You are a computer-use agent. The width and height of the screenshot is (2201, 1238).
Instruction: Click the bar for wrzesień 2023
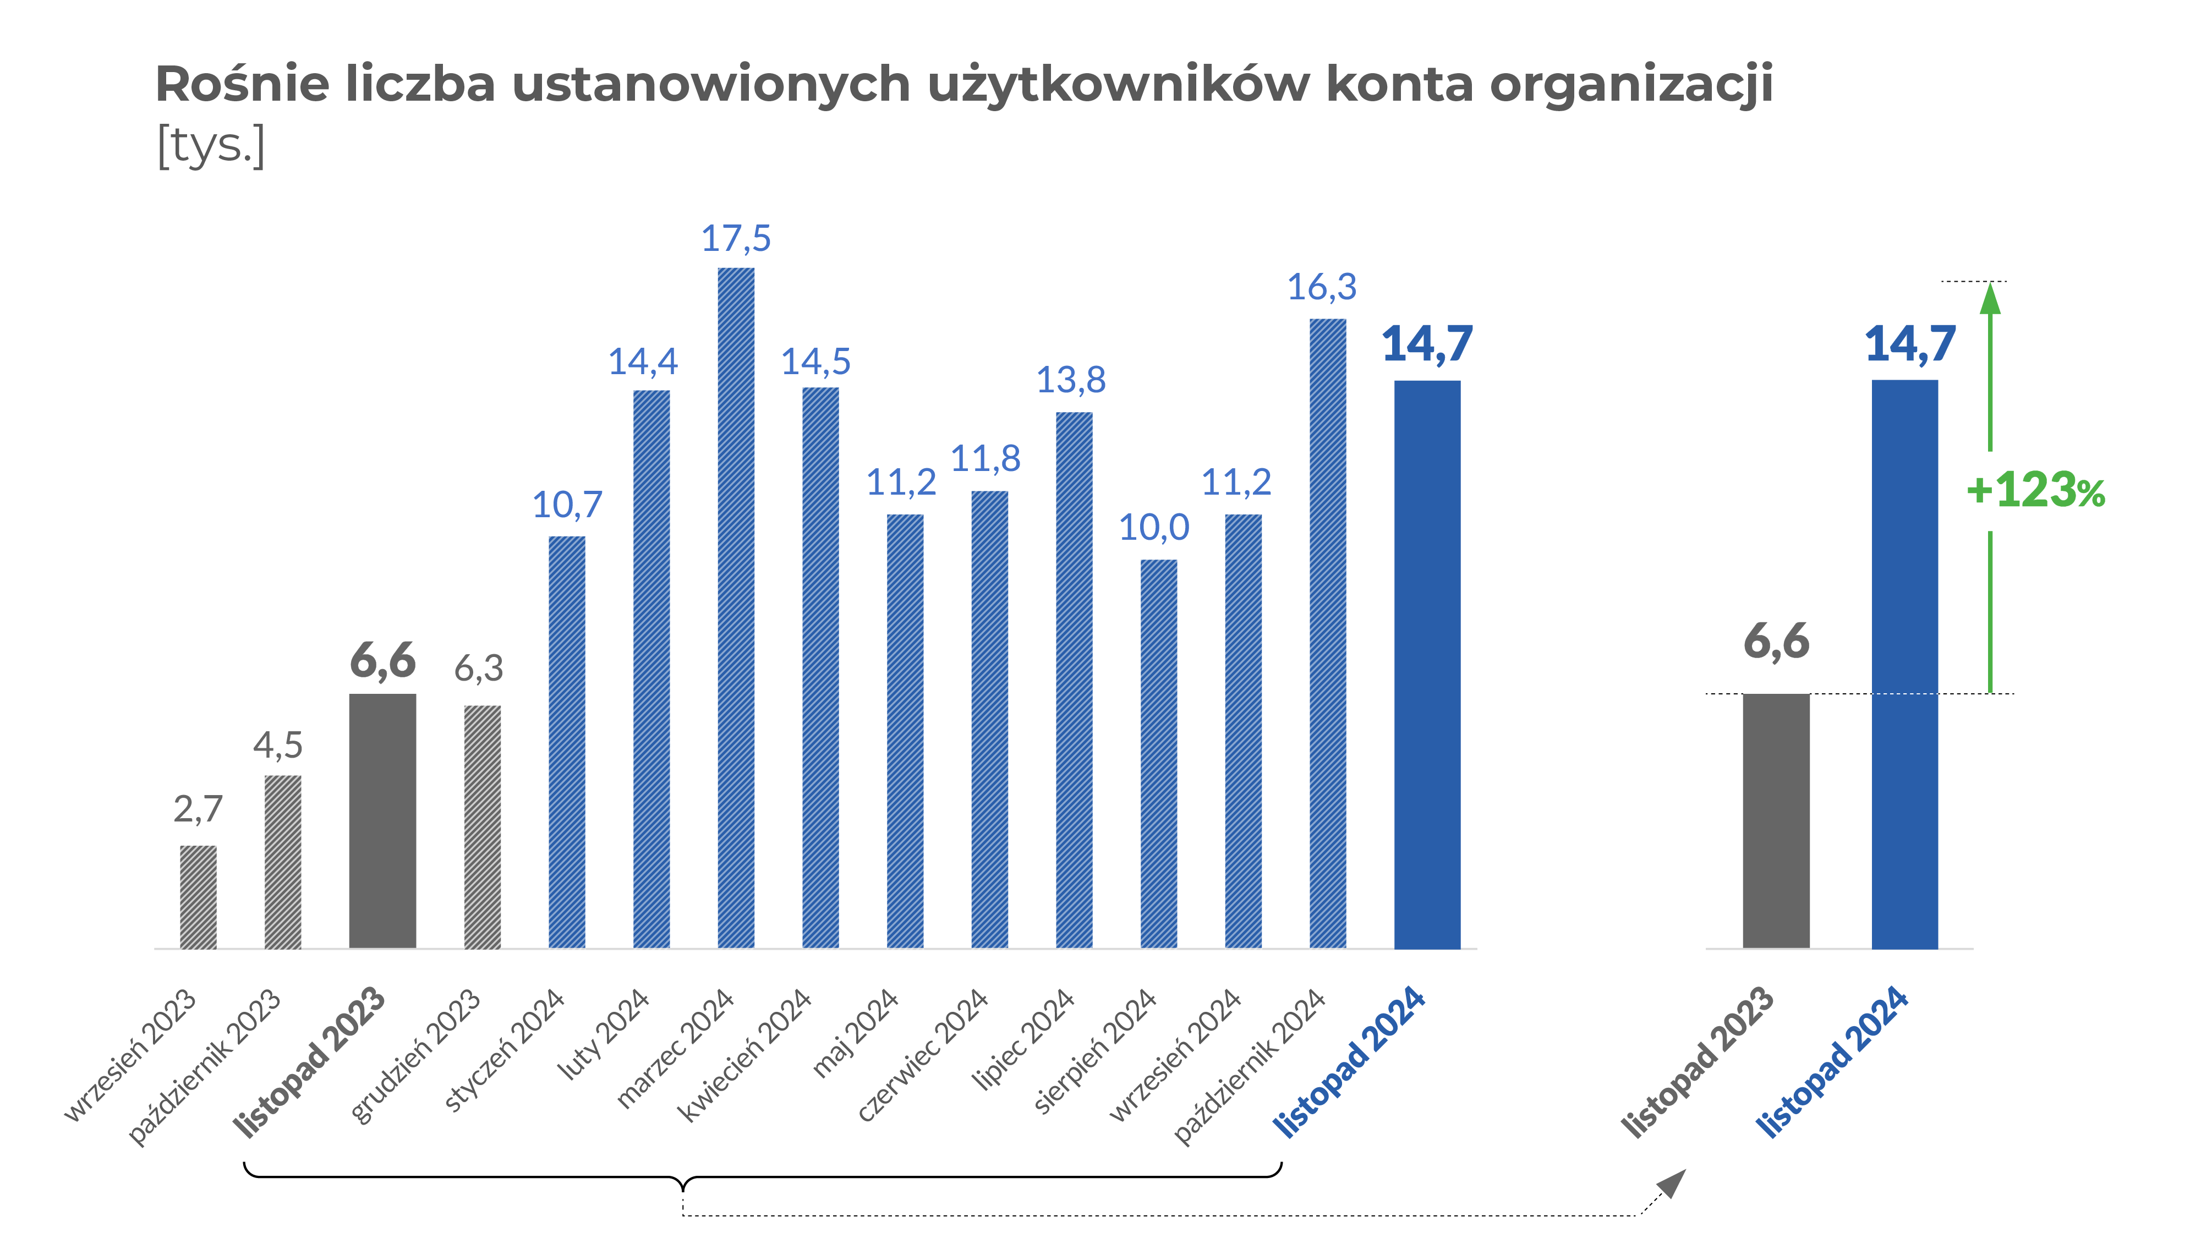(x=198, y=896)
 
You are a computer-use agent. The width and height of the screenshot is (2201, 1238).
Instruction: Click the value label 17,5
(x=736, y=238)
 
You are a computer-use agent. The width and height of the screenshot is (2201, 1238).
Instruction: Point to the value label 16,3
(x=1321, y=287)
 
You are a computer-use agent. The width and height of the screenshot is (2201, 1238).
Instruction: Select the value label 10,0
(x=1153, y=527)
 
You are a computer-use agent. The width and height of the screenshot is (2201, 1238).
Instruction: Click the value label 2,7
(x=198, y=808)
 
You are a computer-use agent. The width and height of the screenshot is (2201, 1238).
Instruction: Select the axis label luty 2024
(x=603, y=1034)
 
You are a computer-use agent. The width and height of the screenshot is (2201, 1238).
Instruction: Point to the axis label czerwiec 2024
(x=923, y=1055)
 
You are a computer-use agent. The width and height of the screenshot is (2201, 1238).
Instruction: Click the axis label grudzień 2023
(x=416, y=1055)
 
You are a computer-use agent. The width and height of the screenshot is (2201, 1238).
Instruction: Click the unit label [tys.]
(x=211, y=145)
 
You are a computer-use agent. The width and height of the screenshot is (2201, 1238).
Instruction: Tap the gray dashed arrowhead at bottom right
(x=1671, y=1184)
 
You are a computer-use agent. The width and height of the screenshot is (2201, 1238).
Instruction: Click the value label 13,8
(x=1071, y=379)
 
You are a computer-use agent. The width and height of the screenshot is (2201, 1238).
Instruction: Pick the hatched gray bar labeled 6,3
(x=482, y=826)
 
